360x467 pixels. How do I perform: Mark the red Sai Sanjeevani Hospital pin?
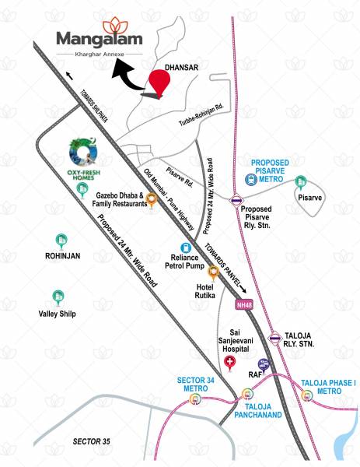(228, 363)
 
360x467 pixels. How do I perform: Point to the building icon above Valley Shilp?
(58, 297)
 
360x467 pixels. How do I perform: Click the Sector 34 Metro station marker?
(194, 400)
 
